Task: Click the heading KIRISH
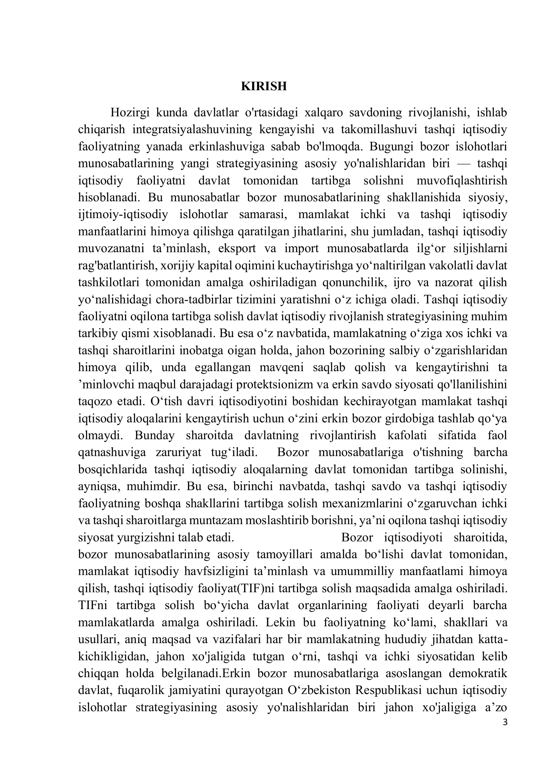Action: tap(264, 87)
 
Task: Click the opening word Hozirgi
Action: tap(130, 112)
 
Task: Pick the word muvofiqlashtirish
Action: tap(461, 181)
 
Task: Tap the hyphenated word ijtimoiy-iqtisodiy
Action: tap(123, 214)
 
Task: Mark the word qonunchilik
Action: tap(354, 283)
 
